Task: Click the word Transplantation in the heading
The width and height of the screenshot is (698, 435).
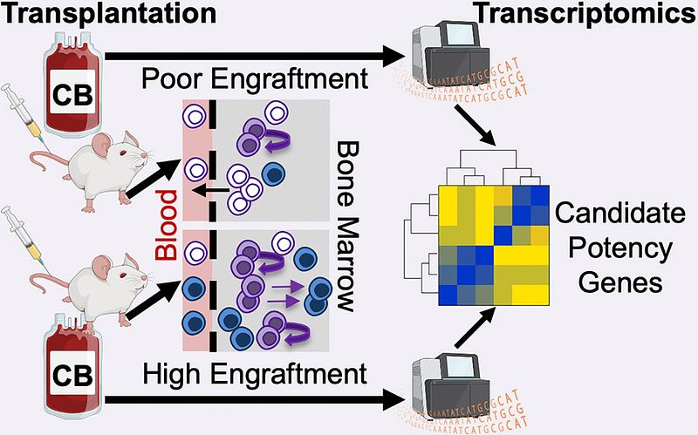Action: tap(108, 14)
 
